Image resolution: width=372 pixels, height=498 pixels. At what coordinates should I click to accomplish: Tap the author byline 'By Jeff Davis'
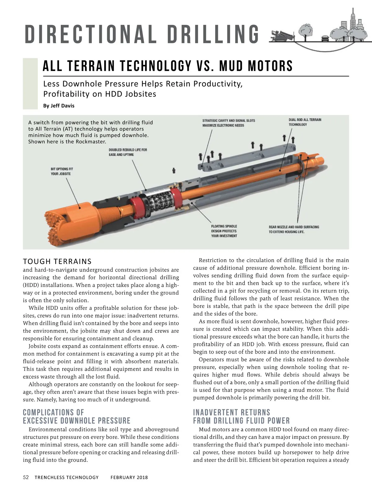(59, 106)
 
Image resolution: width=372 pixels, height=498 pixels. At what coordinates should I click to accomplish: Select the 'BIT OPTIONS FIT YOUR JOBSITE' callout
(62, 171)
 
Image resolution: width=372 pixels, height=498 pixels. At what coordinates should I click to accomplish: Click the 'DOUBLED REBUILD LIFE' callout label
(128, 152)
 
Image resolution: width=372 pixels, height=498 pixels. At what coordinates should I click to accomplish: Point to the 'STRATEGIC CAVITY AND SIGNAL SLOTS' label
(228, 123)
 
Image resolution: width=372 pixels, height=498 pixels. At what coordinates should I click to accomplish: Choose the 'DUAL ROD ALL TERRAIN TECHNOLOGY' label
(305, 122)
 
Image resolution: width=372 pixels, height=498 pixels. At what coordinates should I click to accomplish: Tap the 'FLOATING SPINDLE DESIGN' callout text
(224, 231)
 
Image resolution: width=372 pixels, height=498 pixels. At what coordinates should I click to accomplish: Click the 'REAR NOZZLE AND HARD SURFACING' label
(294, 229)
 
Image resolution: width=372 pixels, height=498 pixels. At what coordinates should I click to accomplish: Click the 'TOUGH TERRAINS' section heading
(57, 261)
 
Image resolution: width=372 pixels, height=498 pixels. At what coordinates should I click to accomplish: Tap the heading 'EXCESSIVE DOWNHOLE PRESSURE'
(77, 421)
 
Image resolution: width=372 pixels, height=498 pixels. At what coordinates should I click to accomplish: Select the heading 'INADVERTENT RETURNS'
(232, 412)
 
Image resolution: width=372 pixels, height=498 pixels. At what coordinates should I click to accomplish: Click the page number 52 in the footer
(26, 477)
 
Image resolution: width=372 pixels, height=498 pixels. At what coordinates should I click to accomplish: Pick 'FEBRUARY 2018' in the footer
(129, 478)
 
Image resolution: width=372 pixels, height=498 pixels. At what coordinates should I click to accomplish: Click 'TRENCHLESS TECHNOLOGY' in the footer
(67, 478)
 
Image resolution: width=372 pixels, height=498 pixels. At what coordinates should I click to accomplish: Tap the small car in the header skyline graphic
(325, 38)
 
